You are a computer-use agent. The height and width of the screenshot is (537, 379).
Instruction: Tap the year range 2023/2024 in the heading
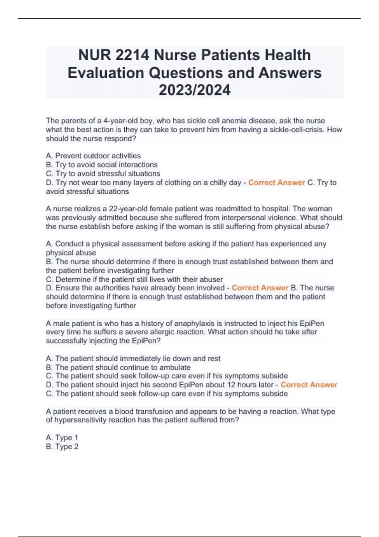coord(195,90)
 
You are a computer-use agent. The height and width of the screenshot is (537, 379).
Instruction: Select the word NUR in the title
coord(94,55)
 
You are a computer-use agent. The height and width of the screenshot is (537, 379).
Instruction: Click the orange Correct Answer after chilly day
coord(276,183)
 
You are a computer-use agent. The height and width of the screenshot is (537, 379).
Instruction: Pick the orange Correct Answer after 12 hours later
coord(309,385)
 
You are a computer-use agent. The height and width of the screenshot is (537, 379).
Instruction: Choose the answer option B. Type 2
coord(62,447)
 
